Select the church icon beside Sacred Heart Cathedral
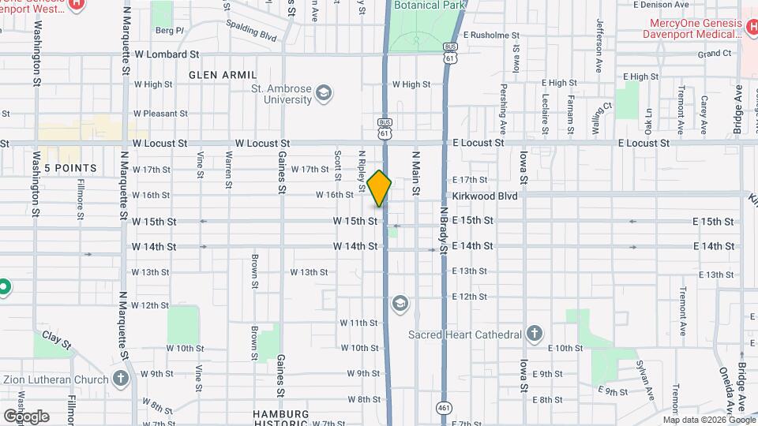pos(535,334)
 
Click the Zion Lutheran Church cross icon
pos(120,379)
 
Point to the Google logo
pos(26,416)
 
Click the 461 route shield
pos(445,407)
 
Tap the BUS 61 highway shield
pos(385,129)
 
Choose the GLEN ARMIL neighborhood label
pos(213,75)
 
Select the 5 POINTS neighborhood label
pos(70,169)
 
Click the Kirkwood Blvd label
pos(484,196)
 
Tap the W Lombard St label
pos(167,54)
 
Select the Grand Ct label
pos(715,54)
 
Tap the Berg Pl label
pos(169,31)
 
